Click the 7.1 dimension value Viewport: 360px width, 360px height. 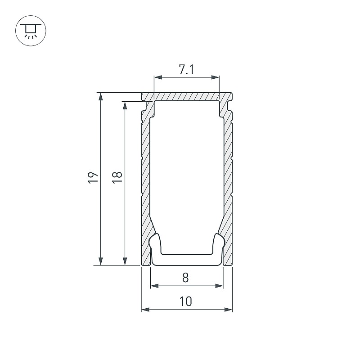coord(186,70)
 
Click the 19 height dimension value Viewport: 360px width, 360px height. coord(93,177)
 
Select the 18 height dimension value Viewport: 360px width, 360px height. coord(117,177)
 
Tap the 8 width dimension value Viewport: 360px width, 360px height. coord(185,278)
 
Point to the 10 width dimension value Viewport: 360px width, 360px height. coord(186,301)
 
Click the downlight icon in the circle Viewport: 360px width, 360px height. coord(31,31)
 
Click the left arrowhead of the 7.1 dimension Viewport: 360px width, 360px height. coord(158,77)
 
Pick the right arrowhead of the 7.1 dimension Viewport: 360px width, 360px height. coord(215,77)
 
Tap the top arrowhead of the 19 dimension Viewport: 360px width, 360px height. coord(100,97)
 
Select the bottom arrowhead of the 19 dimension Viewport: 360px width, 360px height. coord(100,261)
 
